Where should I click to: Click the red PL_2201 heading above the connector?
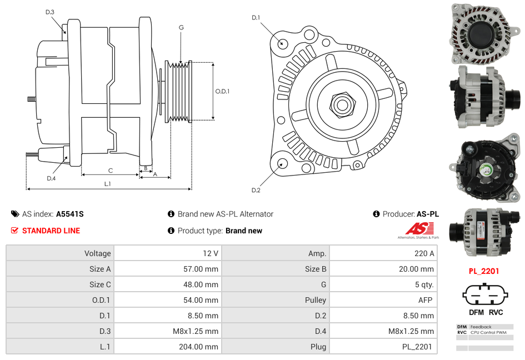pos(483,271)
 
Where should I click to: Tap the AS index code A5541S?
pos(69,214)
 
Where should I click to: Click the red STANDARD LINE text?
pos(51,231)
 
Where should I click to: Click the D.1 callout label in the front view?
pos(256,18)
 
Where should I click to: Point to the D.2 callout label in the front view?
pos(256,191)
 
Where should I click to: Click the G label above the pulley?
pos(181,27)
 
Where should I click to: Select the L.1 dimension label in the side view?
pos(108,183)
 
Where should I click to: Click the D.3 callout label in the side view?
pos(50,12)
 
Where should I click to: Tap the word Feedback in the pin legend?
pos(481,327)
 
